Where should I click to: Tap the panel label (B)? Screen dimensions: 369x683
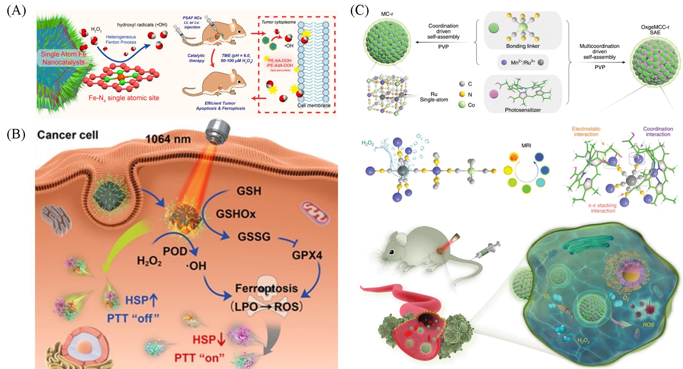[x=16, y=134]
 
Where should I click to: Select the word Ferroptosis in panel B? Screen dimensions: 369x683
[x=266, y=288]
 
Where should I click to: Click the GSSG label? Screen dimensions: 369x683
[x=254, y=237]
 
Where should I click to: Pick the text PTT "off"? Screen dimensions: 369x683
[x=133, y=318]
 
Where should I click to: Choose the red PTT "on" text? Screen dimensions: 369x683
[x=200, y=358]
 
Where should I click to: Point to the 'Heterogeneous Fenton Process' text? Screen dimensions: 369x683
[x=121, y=40]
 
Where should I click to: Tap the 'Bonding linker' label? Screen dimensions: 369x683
[x=523, y=46]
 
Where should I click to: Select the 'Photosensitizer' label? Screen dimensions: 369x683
[x=523, y=110]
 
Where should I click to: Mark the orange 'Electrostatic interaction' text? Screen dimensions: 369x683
[x=586, y=131]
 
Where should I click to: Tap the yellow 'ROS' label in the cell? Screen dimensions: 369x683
[x=648, y=325]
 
